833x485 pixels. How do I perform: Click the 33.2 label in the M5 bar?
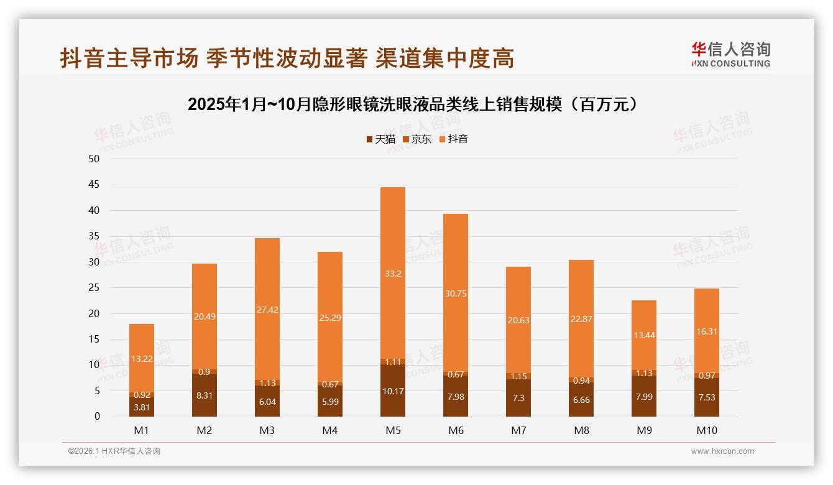[x=392, y=273]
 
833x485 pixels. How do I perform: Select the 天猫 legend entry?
[x=380, y=139]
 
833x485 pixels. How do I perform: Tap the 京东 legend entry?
[x=417, y=139]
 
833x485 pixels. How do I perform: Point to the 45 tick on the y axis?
[x=94, y=185]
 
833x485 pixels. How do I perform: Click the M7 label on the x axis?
[x=518, y=430]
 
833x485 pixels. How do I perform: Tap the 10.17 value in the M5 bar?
[x=392, y=391]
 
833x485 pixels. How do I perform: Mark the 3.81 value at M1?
[x=142, y=407]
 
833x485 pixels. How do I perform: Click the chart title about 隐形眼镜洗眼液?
[x=413, y=104]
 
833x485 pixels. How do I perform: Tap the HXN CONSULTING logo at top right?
[x=730, y=54]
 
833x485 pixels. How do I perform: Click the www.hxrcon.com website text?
[x=722, y=451]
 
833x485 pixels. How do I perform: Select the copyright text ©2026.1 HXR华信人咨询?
[x=114, y=451]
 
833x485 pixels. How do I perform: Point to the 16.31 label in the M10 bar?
[x=706, y=331]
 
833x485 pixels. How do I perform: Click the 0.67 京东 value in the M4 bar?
[x=329, y=384]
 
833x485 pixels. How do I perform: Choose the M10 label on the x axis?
[x=706, y=430]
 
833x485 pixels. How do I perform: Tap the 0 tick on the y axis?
[x=97, y=417]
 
